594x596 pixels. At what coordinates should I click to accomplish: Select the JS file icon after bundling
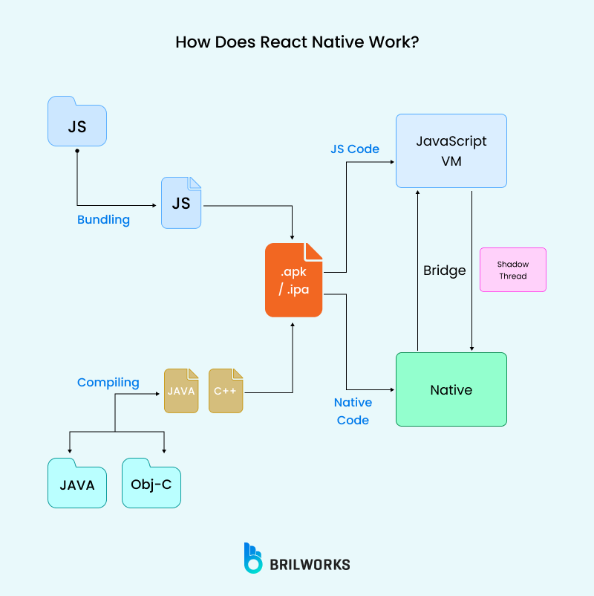point(181,202)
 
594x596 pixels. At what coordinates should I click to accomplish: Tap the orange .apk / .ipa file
point(294,281)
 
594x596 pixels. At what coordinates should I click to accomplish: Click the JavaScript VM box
point(451,150)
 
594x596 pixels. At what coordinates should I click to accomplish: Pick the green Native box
point(451,389)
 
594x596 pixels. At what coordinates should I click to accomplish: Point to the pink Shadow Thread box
point(512,270)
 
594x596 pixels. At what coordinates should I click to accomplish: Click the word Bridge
point(444,270)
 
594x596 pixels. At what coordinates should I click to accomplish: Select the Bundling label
point(103,220)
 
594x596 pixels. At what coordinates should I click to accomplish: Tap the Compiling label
point(108,382)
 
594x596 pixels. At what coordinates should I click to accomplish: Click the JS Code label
point(355,149)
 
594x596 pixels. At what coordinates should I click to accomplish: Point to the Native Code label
point(353,411)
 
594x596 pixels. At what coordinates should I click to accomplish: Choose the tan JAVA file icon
point(181,390)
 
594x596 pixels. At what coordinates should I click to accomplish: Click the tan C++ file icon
point(226,390)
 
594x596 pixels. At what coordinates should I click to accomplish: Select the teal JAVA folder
point(77,484)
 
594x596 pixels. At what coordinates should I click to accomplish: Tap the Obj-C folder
point(151,484)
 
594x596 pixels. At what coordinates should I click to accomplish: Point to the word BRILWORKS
point(310,564)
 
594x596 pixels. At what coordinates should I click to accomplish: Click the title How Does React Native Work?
point(297,42)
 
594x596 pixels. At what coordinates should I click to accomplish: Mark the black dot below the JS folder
point(77,151)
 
